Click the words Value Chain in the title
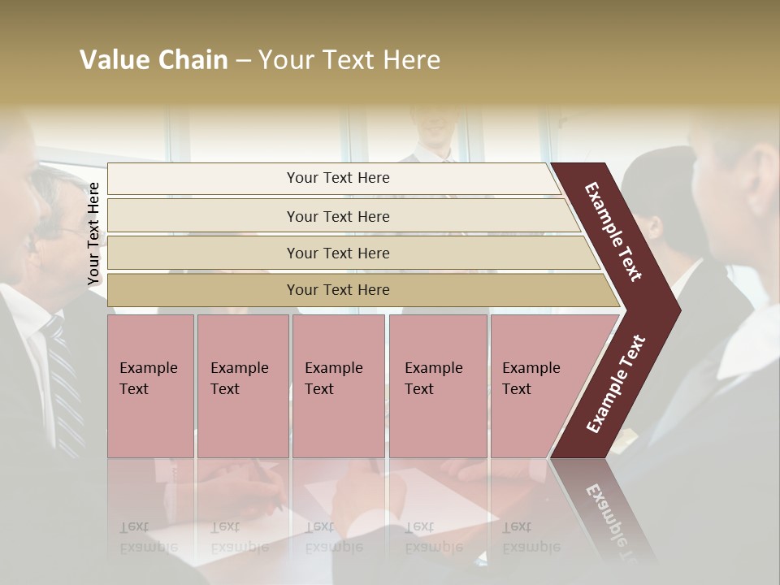click(x=154, y=60)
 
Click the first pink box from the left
click(x=150, y=386)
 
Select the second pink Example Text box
click(x=242, y=386)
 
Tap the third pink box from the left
click(x=338, y=386)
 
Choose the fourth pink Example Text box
click(x=438, y=386)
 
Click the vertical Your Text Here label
click(x=93, y=234)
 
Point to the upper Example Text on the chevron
click(x=613, y=232)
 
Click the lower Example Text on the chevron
click(x=616, y=384)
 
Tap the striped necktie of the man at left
click(x=65, y=382)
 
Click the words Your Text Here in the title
click(x=349, y=60)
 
